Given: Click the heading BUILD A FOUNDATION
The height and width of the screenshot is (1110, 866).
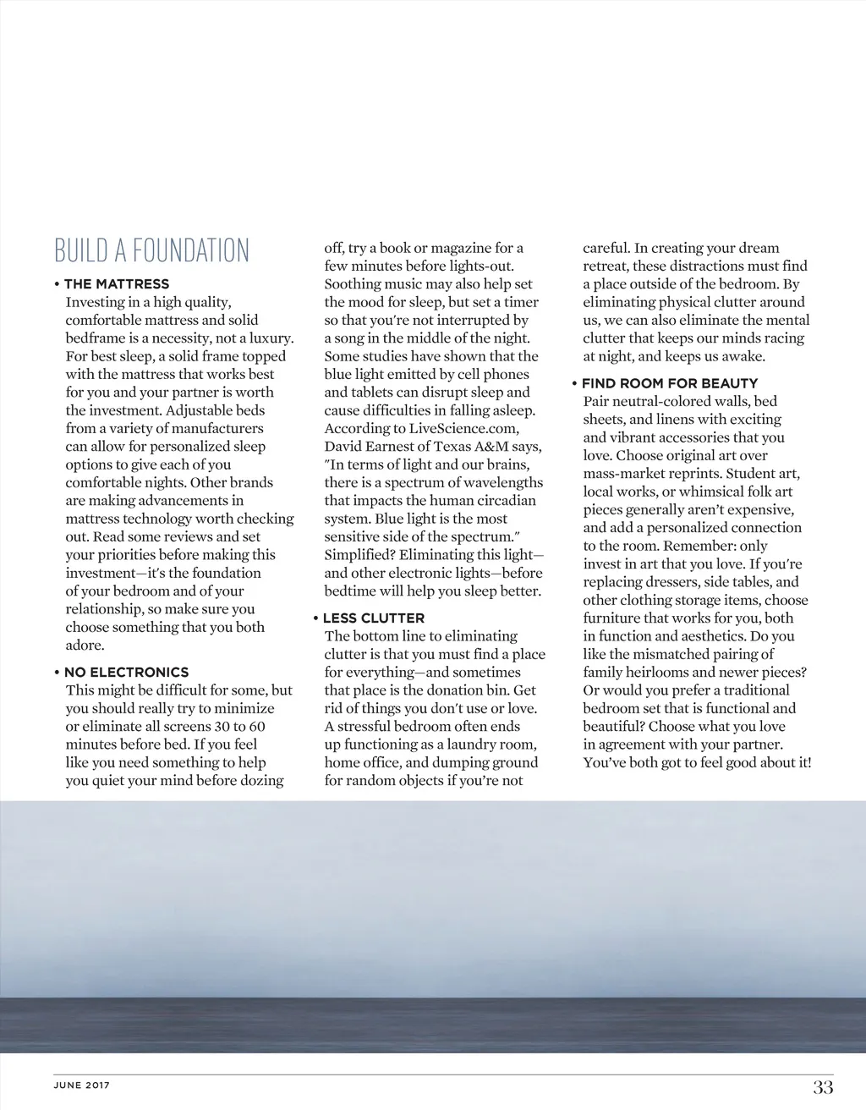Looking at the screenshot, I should point(152,250).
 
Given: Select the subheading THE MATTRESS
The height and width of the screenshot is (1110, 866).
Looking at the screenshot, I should point(117,284).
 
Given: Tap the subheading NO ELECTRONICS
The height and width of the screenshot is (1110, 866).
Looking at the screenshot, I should point(126,673).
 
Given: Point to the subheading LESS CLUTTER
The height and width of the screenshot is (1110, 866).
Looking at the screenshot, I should point(374,618).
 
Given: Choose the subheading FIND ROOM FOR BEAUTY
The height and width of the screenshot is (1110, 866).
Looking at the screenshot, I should point(670,383).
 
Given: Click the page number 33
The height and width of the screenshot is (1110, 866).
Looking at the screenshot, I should point(823,1087).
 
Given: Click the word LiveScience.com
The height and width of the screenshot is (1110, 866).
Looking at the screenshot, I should point(463,428).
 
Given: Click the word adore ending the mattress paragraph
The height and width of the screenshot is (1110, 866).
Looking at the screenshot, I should point(84,646).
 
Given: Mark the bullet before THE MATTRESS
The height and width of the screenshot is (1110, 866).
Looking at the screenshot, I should point(57,284).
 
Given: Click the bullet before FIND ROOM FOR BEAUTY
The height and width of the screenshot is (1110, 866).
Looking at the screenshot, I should point(574,383).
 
